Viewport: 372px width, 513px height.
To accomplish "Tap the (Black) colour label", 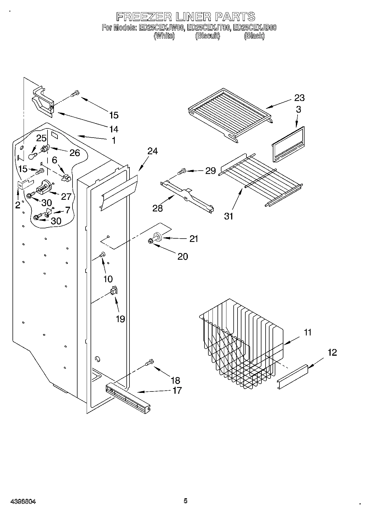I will click(x=254, y=36).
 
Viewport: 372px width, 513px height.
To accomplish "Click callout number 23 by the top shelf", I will click(x=299, y=98).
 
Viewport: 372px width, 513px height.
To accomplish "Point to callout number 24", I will click(x=152, y=151).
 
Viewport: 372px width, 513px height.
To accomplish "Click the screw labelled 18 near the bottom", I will click(x=149, y=363).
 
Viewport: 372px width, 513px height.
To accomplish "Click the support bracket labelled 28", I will click(x=188, y=195).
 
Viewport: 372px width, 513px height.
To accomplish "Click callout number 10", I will click(x=108, y=279).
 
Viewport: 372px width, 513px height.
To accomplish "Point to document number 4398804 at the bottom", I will click(x=23, y=501).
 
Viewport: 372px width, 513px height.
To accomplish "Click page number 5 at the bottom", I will click(x=185, y=501).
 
